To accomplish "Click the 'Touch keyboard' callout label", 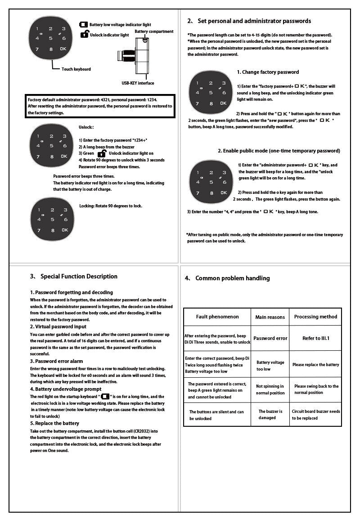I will click(x=76, y=69).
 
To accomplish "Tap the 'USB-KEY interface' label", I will click(x=138, y=83).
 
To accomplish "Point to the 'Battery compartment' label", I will click(x=154, y=31).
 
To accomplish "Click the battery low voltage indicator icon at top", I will click(x=84, y=25).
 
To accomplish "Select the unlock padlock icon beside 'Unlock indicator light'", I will click(x=84, y=34).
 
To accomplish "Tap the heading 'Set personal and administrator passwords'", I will click(x=254, y=21).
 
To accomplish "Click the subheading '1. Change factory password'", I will click(x=268, y=72).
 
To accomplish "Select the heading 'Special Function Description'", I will click(x=79, y=277).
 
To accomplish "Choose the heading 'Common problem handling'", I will click(x=232, y=278).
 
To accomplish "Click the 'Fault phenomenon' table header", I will click(x=217, y=317).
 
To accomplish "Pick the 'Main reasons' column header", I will click(x=270, y=317).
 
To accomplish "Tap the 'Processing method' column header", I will click(x=315, y=317).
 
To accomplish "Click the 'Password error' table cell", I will click(x=270, y=338).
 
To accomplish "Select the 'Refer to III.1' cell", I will click(x=315, y=338).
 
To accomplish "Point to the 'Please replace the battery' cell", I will click(x=315, y=365).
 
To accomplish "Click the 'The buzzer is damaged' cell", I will click(x=270, y=415).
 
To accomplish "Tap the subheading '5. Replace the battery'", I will click(x=54, y=423).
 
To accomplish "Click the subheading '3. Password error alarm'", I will click(x=57, y=361).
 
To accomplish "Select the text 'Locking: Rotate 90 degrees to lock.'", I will click(x=111, y=206).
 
